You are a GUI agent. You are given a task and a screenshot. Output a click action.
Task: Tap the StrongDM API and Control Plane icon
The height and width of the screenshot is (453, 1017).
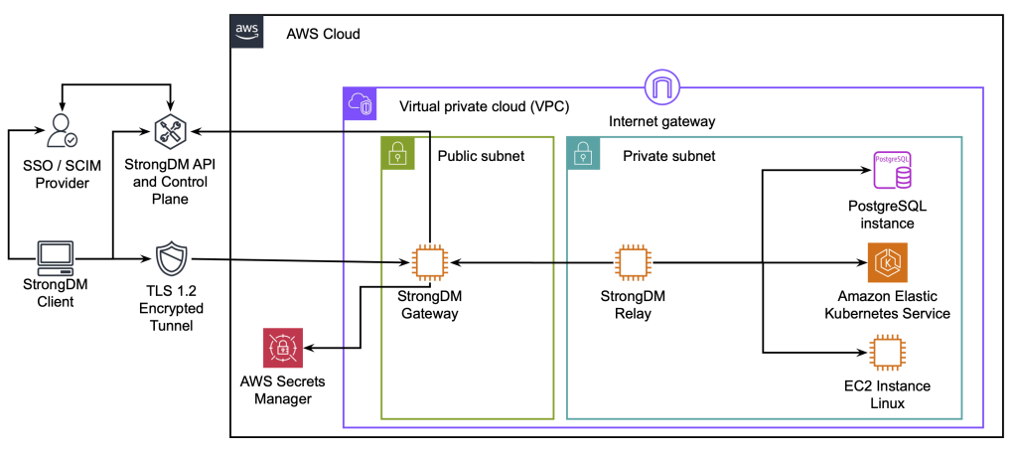[171, 130]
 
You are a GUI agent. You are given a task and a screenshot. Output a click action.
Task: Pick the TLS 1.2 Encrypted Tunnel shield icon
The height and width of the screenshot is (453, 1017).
[171, 261]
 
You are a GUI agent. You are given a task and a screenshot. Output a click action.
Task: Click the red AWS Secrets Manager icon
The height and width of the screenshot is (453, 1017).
[285, 349]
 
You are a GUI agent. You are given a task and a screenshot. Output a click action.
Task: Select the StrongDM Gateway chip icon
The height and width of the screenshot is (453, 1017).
[428, 262]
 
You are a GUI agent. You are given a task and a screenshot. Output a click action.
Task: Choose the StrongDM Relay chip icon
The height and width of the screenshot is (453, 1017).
[633, 262]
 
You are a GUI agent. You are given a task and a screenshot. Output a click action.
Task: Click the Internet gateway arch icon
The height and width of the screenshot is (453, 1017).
[661, 87]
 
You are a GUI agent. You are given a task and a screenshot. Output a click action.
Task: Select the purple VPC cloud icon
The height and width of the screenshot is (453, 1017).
[362, 105]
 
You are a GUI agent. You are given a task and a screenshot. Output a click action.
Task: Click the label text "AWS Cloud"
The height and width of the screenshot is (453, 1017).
[323, 34]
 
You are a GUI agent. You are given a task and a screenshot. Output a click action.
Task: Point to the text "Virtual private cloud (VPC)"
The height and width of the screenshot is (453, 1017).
[484, 106]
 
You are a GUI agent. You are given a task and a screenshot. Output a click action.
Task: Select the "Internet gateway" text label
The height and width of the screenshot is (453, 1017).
[662, 121]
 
